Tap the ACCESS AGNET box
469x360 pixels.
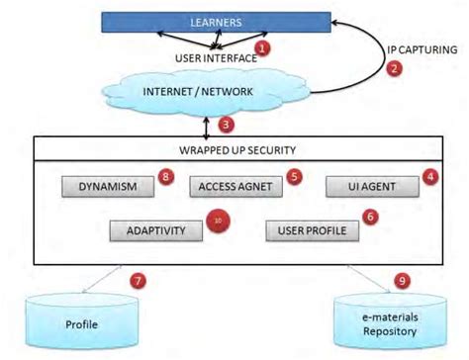click(x=229, y=185)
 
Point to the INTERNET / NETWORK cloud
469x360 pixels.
click(x=198, y=91)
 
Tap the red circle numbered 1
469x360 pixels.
click(x=261, y=46)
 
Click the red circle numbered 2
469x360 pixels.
click(x=395, y=68)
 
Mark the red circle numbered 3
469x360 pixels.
click(x=227, y=124)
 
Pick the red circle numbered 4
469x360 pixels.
click(x=429, y=176)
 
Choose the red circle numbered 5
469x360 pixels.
click(x=293, y=176)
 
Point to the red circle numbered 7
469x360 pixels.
click(x=138, y=280)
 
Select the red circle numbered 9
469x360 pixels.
click(x=402, y=280)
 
